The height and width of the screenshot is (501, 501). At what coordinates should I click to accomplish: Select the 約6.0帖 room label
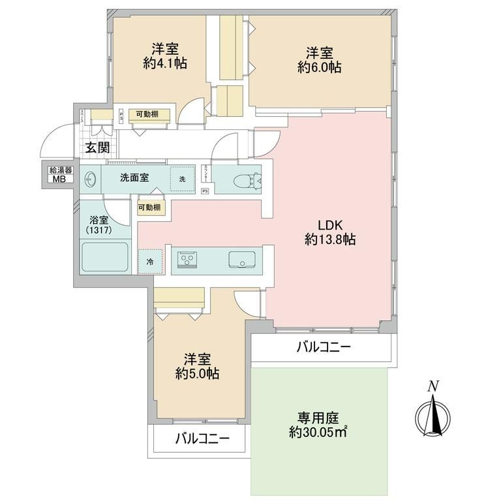coord(320,59)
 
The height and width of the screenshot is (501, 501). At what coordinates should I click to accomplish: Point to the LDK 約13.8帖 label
coord(330,232)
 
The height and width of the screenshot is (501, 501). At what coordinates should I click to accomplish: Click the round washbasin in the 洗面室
coord(90,179)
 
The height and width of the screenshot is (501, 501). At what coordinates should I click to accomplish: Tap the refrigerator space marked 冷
coord(149,262)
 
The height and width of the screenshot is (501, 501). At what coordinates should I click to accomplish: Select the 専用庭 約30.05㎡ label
coord(319,425)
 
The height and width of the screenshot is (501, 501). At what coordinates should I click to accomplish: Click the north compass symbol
coord(431,412)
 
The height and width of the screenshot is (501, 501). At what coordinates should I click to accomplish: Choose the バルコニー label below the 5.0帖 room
coord(202,440)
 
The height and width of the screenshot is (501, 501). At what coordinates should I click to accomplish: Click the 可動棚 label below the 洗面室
coord(151,209)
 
